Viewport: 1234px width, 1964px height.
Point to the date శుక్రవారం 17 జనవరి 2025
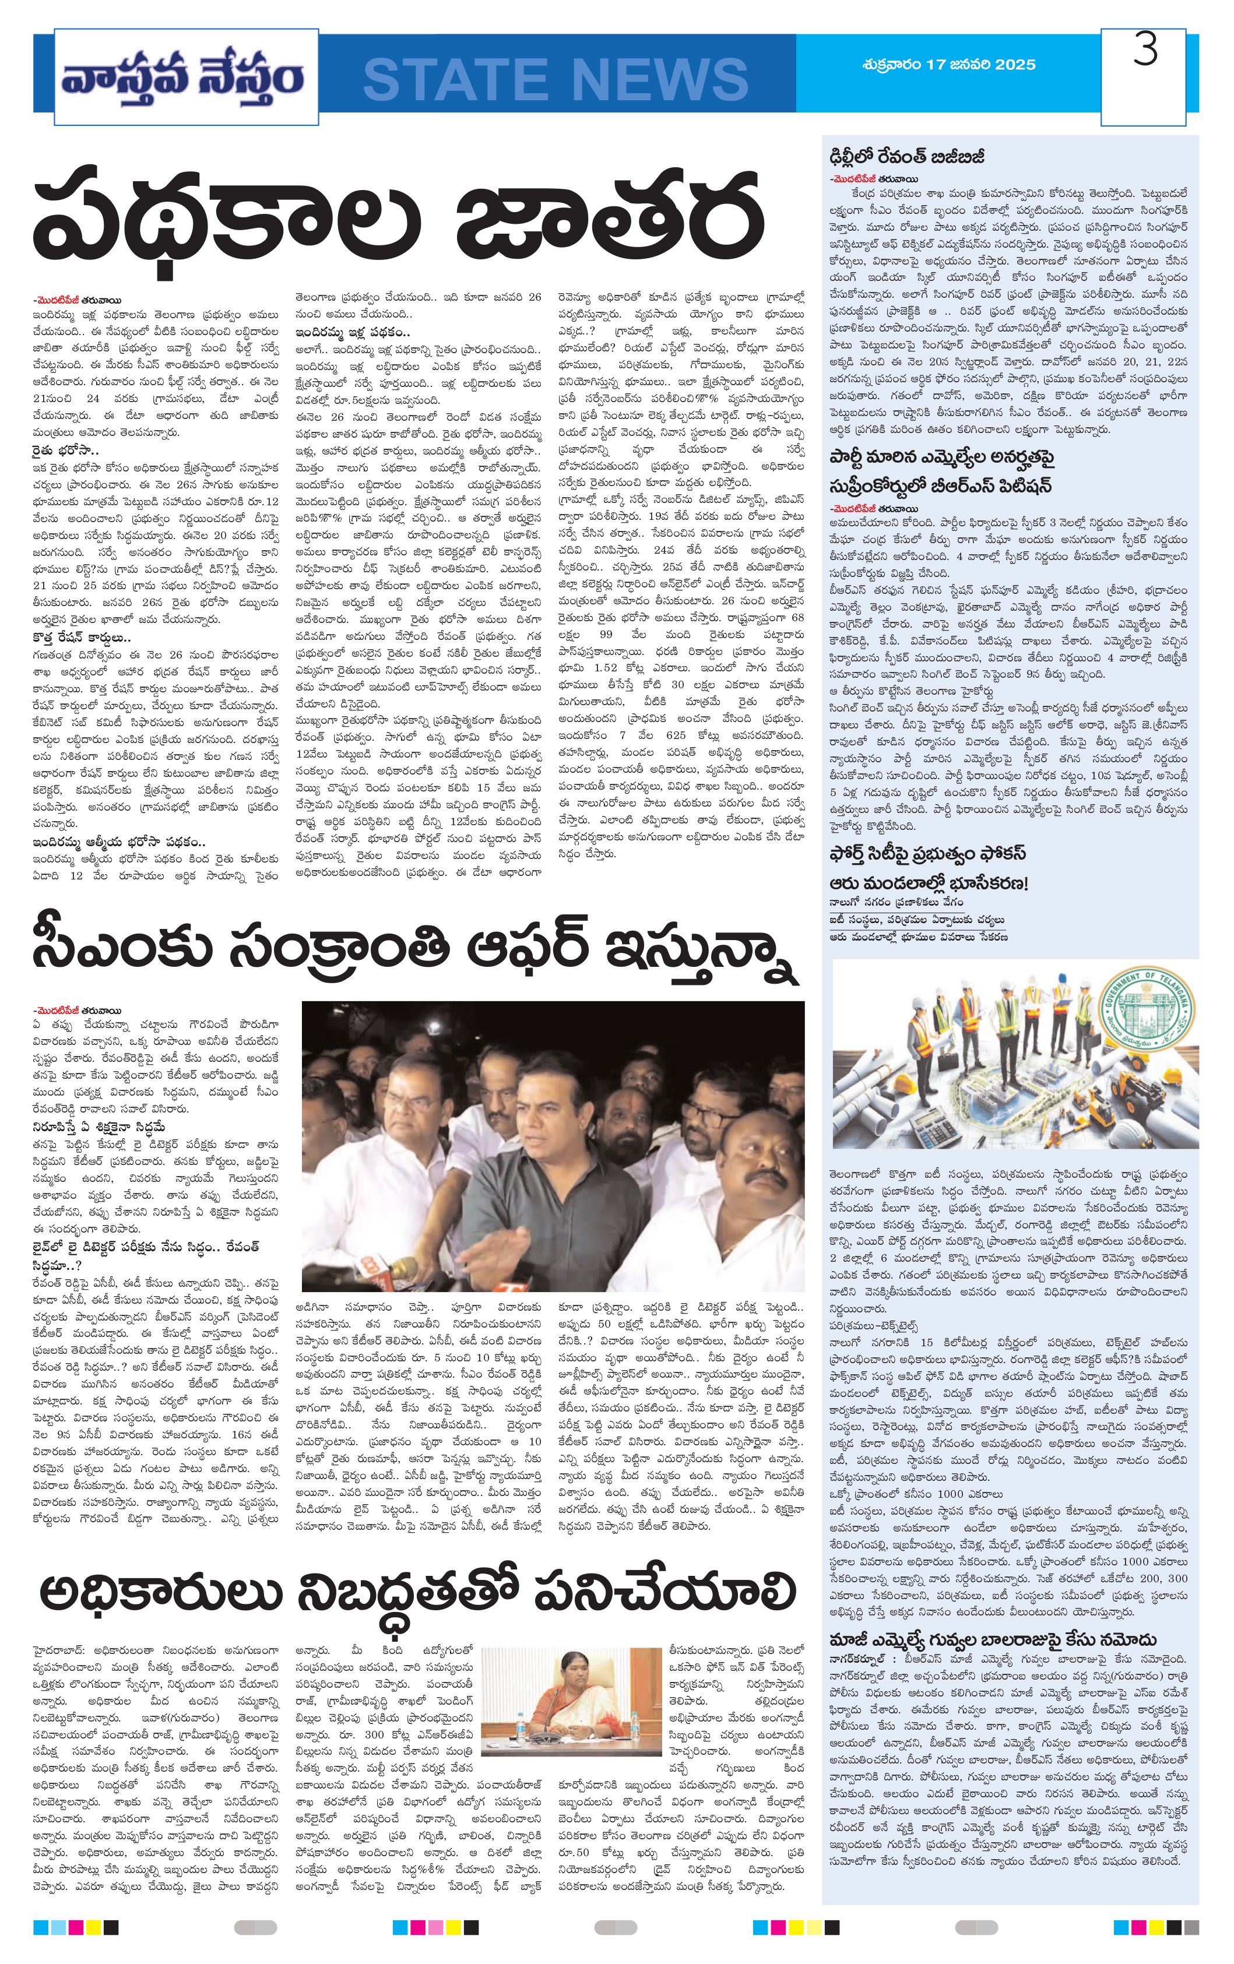click(948, 65)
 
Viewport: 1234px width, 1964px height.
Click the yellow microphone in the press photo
click(405, 1269)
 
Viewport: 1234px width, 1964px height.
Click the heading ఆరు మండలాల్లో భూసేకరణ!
click(928, 884)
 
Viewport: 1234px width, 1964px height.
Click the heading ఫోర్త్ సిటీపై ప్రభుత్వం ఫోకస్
click(927, 853)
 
